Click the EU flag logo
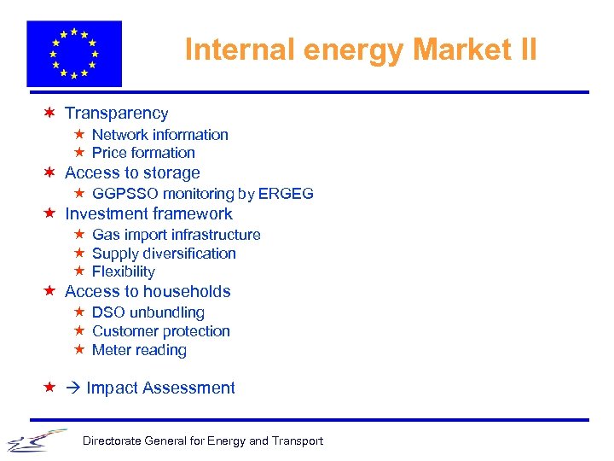74,54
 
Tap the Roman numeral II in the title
526,50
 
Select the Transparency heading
116,113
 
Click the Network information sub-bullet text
159,134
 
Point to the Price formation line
143,153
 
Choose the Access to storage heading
132,172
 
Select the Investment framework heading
148,213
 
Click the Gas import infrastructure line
176,235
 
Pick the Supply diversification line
164,254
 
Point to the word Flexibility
124,271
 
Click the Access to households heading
148,291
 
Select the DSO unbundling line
148,312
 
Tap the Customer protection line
161,331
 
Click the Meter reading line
139,350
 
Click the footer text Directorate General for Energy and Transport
202,441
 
